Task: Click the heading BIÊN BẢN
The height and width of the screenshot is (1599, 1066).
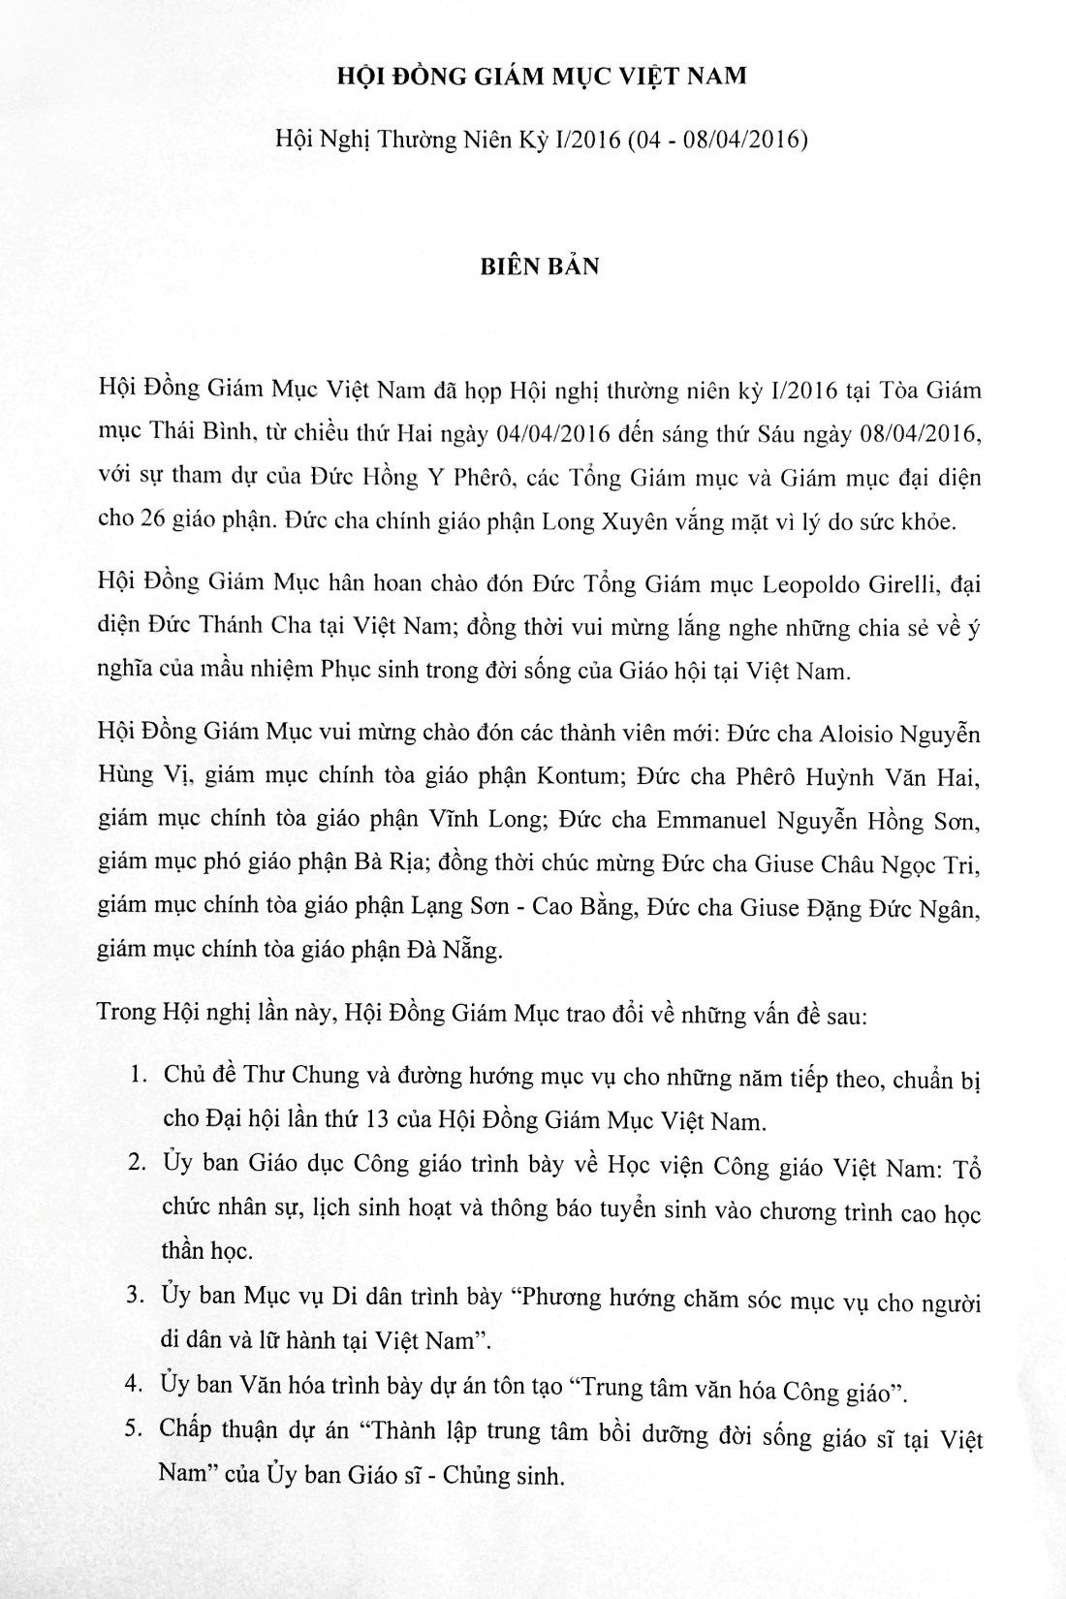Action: tap(540, 266)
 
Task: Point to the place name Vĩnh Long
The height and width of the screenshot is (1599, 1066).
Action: tap(470, 820)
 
